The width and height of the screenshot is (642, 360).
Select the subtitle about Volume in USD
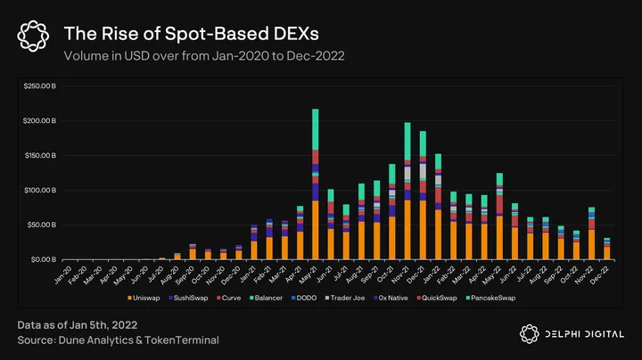pos(203,56)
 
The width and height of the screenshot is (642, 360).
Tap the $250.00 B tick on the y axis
pos(41,86)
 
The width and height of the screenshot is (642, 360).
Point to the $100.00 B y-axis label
pos(41,190)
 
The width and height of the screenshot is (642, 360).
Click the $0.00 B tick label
pos(45,259)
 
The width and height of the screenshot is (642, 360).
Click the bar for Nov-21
pos(407,192)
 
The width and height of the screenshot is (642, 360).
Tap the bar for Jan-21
pos(255,241)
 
